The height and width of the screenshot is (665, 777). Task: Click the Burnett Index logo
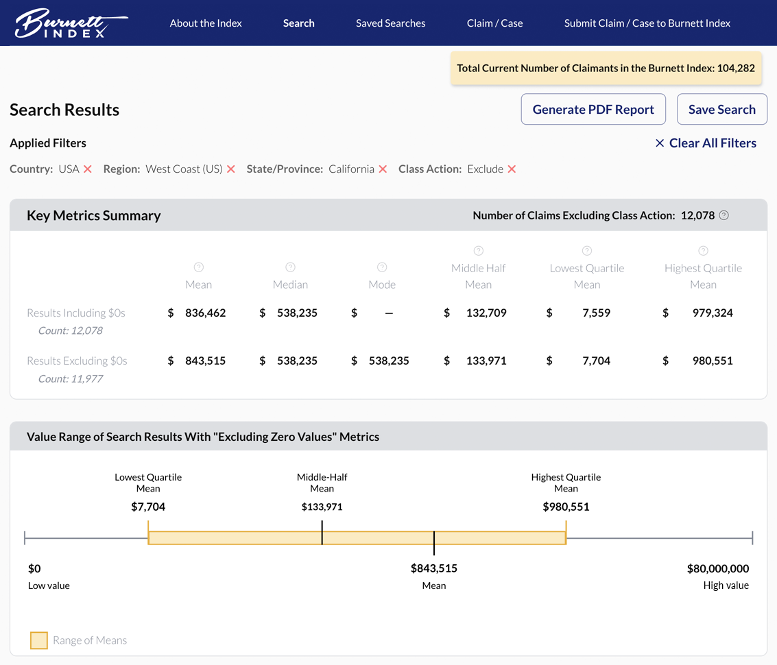[71, 23]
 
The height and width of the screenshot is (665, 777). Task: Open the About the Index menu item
[206, 23]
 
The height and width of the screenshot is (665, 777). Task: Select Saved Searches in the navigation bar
[390, 23]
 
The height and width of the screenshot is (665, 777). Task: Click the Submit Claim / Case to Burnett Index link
[647, 23]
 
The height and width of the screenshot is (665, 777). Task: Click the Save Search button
[721, 110]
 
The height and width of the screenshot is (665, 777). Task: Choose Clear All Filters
[706, 143]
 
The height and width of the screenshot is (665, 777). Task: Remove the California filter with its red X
[383, 169]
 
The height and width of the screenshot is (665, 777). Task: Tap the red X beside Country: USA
[88, 169]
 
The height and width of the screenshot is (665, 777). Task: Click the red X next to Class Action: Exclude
[512, 169]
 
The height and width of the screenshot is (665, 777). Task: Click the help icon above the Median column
[290, 267]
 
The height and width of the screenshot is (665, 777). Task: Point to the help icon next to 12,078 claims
[724, 215]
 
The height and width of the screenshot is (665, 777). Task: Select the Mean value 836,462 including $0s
[205, 313]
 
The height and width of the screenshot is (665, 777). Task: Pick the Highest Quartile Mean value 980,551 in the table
[713, 361]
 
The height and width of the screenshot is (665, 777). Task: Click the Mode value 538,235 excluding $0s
[389, 361]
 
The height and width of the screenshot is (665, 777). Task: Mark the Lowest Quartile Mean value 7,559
[596, 313]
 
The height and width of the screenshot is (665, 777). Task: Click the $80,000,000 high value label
[717, 568]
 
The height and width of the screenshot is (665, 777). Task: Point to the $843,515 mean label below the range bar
[434, 568]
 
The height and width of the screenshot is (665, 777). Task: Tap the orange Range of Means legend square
[39, 640]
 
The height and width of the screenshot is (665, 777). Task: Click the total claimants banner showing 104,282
[606, 69]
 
